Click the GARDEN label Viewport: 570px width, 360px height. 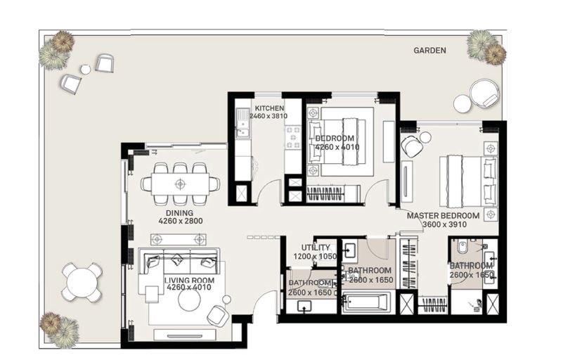click(x=429, y=51)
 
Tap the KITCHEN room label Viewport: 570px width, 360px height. click(x=269, y=108)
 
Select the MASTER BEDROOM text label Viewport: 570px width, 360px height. click(x=443, y=216)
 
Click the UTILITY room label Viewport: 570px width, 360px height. click(x=316, y=248)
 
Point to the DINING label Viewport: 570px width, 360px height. click(x=179, y=212)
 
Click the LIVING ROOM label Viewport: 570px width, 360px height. click(x=189, y=280)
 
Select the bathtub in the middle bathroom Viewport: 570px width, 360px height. click(x=364, y=304)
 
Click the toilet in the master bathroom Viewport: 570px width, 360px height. click(x=460, y=248)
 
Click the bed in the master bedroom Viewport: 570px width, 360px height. click(x=467, y=180)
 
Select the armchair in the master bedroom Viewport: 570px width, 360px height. click(x=412, y=146)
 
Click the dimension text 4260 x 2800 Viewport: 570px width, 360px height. click(x=180, y=221)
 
